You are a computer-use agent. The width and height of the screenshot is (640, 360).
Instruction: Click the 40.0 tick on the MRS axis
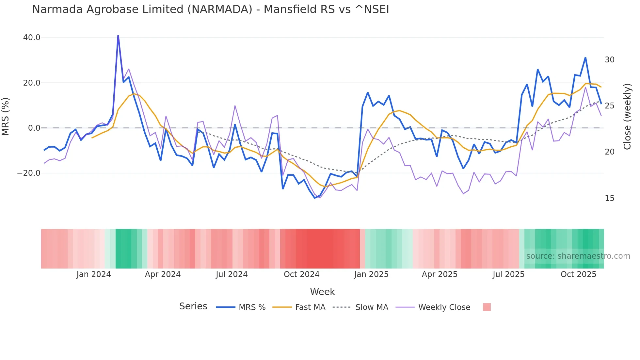coord(32,38)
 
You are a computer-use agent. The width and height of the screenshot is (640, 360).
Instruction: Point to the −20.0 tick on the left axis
coord(29,173)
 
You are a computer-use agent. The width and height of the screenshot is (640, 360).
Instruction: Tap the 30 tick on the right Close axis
coord(609,60)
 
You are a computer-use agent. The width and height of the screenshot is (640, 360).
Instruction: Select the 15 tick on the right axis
coord(609,198)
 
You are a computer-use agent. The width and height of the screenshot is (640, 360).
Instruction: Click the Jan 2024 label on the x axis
coord(94,274)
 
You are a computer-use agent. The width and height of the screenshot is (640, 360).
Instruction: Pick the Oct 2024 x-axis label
coord(301,274)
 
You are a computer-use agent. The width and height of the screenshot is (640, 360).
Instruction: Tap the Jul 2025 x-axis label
coord(508,274)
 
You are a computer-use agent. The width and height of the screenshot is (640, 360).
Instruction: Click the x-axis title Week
coord(322,292)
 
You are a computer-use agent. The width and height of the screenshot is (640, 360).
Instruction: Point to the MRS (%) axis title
coord(6,116)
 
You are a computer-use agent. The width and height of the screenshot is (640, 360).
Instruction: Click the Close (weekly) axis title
coord(627,117)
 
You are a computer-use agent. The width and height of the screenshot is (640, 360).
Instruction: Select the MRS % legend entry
coord(241,307)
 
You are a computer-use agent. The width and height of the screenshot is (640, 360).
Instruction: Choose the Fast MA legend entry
coord(299,307)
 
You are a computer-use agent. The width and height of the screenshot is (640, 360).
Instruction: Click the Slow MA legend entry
coord(360,307)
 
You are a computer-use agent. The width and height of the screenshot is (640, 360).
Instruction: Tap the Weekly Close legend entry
coord(433,307)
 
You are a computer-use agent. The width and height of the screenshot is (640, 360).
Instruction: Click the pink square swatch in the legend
coord(487,307)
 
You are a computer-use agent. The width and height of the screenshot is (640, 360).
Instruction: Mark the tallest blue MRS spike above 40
coord(118,36)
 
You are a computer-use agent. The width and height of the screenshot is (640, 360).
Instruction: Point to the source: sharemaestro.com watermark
coord(578,256)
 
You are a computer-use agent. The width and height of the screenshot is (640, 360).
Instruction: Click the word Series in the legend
coord(193,306)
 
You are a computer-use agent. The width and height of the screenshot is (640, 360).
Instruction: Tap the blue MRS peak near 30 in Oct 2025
coord(585,58)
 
